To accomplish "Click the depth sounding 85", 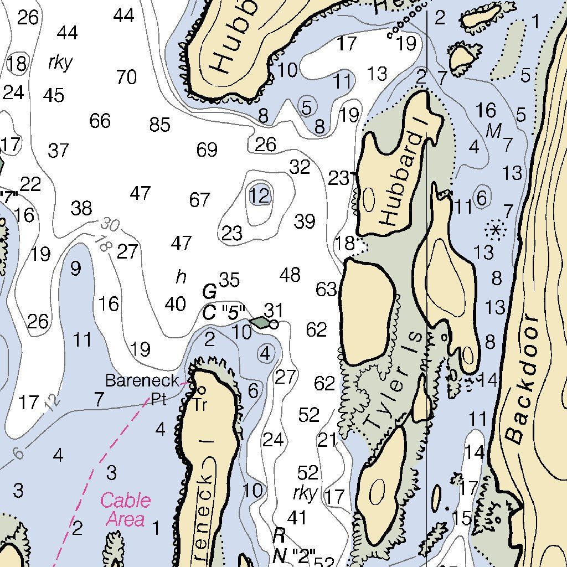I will tap(159, 125).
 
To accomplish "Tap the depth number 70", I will tap(126, 77).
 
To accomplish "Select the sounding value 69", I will tap(207, 150).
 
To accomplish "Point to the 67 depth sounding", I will tap(199, 200).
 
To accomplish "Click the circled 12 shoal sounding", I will tap(259, 195).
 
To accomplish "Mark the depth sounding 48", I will tap(290, 274).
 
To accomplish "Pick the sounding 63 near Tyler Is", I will tap(326, 289).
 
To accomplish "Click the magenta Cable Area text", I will tap(125, 509).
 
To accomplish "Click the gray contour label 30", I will tap(110, 225).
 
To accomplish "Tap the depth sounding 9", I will tap(75, 269).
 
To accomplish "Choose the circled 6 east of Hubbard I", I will tap(482, 197).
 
